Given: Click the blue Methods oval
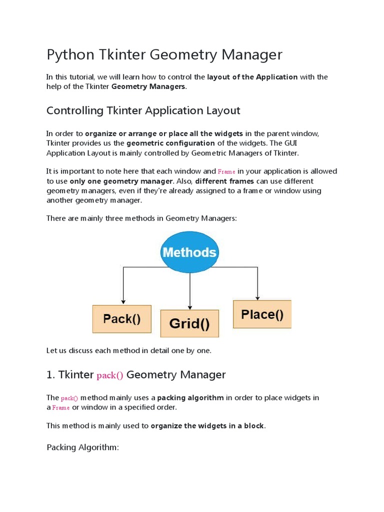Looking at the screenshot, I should point(189,251).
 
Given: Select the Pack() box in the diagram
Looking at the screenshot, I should point(121,319).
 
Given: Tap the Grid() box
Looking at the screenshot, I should point(189,323).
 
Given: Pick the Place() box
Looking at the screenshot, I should point(262,314).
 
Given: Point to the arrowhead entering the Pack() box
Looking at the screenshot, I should point(122,301).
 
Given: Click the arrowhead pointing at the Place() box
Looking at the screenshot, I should point(257,297).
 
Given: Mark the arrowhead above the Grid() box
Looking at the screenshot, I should point(189,306).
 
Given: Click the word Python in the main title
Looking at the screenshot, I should point(67,54).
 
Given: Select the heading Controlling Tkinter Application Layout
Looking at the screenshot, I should point(143,110).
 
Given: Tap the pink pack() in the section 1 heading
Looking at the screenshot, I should point(109,375).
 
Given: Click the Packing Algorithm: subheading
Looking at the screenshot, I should point(82,447).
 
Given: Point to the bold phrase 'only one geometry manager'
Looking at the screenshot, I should point(121,181).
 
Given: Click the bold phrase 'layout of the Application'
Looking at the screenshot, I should point(252,77).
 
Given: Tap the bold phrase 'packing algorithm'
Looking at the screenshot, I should point(190,397).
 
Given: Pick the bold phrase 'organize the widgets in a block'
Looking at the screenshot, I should point(207,426).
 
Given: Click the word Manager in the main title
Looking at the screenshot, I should point(254,54).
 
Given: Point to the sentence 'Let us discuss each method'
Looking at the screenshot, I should point(128,350).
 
